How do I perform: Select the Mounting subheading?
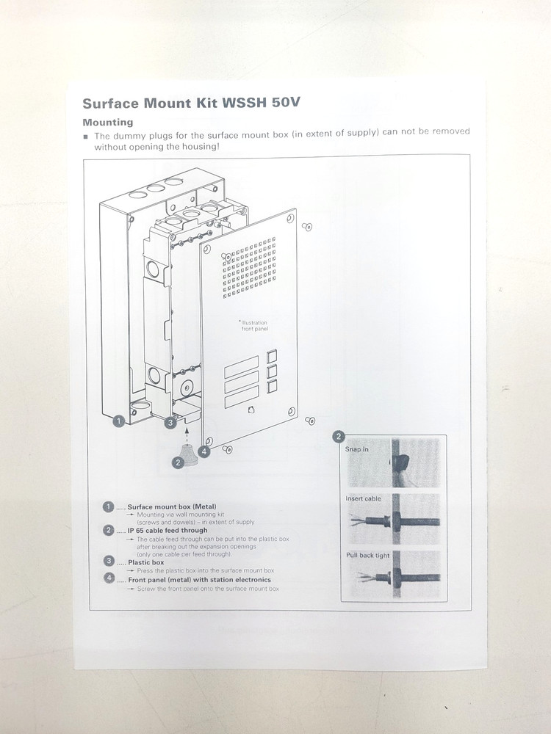click(107, 122)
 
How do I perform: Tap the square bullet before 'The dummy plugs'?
click(86, 137)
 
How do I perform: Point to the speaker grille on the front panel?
click(249, 268)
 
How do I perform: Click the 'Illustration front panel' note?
click(254, 326)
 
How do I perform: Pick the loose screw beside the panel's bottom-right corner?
click(310, 421)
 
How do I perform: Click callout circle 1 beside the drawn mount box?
click(118, 421)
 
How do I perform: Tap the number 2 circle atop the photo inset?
click(339, 436)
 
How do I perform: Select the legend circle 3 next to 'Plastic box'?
click(109, 562)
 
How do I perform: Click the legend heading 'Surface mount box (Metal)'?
click(171, 506)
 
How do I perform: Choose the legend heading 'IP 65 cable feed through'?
click(168, 530)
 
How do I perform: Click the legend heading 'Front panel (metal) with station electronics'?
click(199, 580)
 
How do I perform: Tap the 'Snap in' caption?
click(357, 449)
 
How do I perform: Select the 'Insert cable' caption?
click(364, 499)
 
